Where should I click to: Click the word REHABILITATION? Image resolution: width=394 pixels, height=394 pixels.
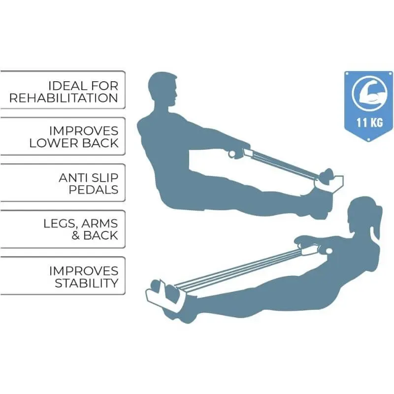click(x=64, y=98)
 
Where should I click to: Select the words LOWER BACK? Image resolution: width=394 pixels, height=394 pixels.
click(x=74, y=143)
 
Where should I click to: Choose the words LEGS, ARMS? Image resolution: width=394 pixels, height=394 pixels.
click(x=80, y=223)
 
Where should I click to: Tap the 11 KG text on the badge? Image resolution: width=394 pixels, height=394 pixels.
click(x=369, y=122)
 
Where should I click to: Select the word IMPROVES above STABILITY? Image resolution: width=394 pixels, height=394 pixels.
click(x=84, y=270)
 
